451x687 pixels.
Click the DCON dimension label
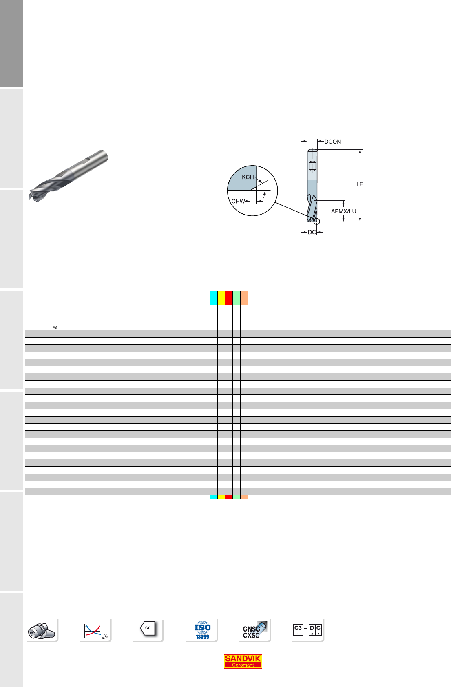332,142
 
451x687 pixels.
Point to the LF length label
359,184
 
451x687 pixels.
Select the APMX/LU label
343,211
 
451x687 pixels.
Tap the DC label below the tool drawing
312,232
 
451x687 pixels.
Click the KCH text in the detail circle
248,177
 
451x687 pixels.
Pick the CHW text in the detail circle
238,201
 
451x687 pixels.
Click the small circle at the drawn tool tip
317,222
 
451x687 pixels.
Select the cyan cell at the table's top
214,298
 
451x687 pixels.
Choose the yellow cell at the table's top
221,298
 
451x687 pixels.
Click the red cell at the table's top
229,298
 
